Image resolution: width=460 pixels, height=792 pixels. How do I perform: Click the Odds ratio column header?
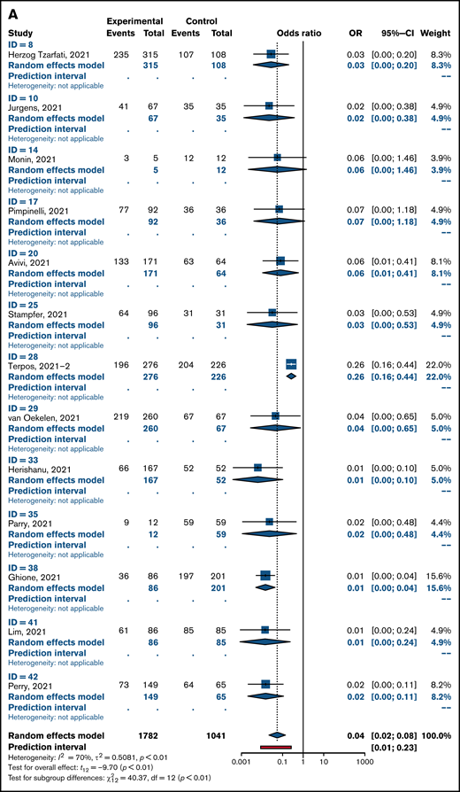301,32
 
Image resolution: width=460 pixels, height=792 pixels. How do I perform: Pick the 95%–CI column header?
393,32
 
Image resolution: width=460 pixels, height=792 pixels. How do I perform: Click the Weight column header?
437,32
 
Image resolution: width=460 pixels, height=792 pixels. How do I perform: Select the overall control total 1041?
208,735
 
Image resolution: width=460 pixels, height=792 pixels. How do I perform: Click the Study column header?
21,32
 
